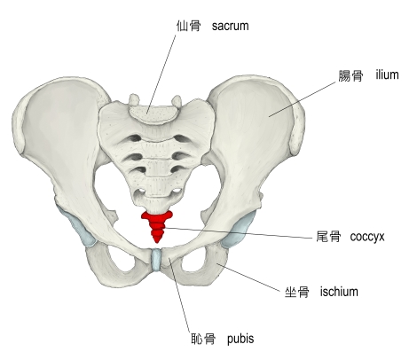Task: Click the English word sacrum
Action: (230, 26)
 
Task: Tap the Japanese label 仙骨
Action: (189, 26)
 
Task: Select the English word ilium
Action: (387, 74)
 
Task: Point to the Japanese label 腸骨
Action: (350, 75)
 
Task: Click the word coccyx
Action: (367, 237)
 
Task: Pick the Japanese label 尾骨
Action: (328, 237)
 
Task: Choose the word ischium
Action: (339, 292)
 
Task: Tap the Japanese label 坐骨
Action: (297, 293)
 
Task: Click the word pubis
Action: (240, 339)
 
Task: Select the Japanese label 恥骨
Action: (203, 339)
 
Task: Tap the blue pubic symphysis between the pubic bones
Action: (156, 260)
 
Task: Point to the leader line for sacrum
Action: (161, 74)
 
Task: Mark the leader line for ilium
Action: (303, 99)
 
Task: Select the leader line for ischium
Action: (248, 277)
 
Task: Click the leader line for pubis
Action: (179, 295)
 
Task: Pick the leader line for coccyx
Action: (239, 232)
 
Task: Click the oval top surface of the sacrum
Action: (153, 114)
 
